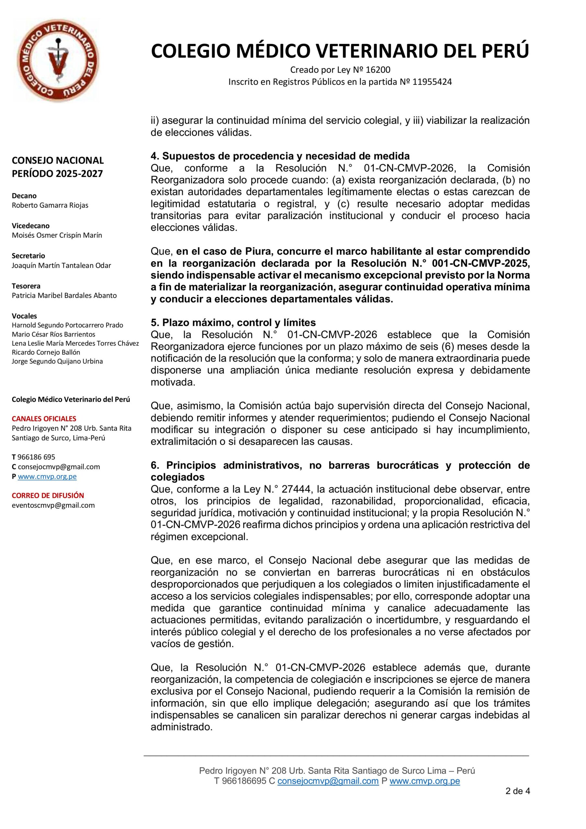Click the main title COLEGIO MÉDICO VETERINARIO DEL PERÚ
(340, 51)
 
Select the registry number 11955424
(432, 82)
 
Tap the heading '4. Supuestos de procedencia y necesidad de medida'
(280, 156)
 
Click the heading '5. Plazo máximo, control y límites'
(233, 323)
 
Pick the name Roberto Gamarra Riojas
(50, 205)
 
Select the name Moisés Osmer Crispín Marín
(57, 235)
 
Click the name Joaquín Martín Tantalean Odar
(62, 266)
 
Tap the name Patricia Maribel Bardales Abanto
(64, 295)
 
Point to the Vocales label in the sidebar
(24, 316)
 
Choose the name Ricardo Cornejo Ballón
(46, 352)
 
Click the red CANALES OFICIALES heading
(44, 419)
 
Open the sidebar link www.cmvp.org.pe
(47, 476)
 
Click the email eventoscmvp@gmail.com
(53, 505)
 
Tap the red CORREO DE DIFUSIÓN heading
(48, 495)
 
